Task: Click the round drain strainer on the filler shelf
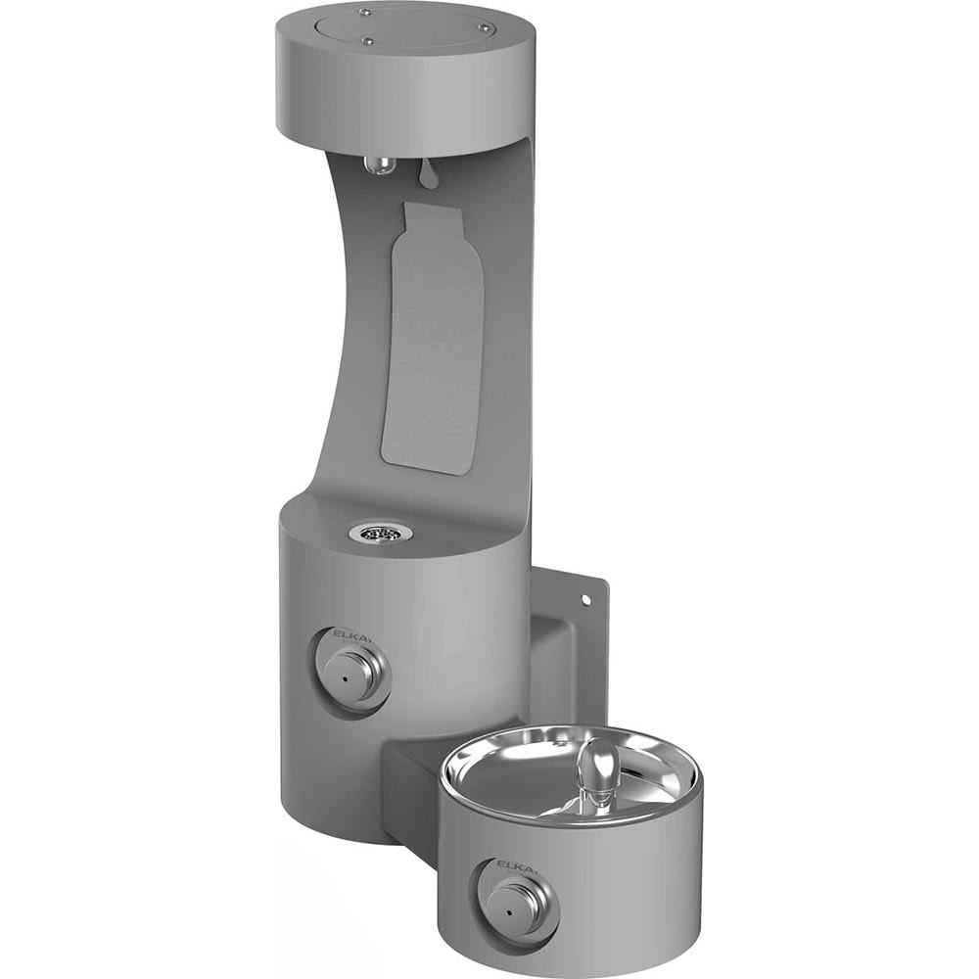click(x=380, y=532)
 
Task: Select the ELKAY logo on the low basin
click(x=513, y=863)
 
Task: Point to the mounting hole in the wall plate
click(x=585, y=598)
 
